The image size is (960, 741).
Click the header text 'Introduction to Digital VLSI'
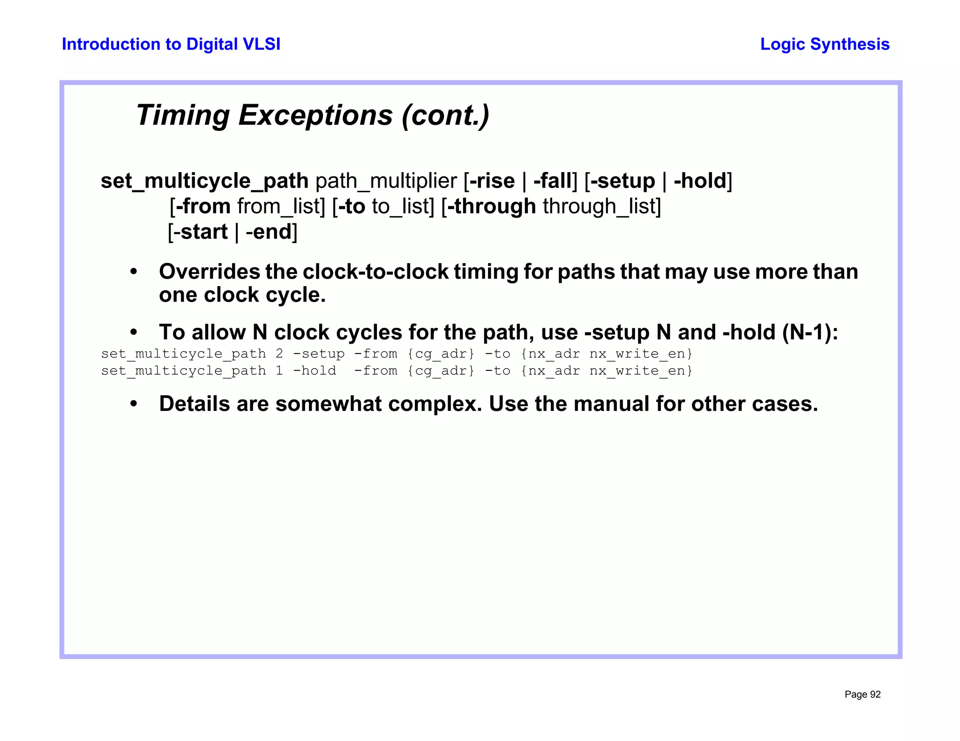(171, 44)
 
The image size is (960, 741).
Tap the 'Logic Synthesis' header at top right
(825, 44)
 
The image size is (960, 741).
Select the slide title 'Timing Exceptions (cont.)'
(313, 115)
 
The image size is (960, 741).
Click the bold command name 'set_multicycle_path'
(204, 181)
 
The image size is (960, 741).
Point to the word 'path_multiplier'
(386, 181)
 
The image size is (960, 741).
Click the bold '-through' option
(492, 206)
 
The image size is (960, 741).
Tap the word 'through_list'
(600, 206)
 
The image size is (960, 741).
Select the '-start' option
(201, 232)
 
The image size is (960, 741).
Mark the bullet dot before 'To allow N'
(134, 333)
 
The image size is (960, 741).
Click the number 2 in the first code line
(279, 354)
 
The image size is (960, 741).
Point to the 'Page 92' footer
(862, 695)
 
